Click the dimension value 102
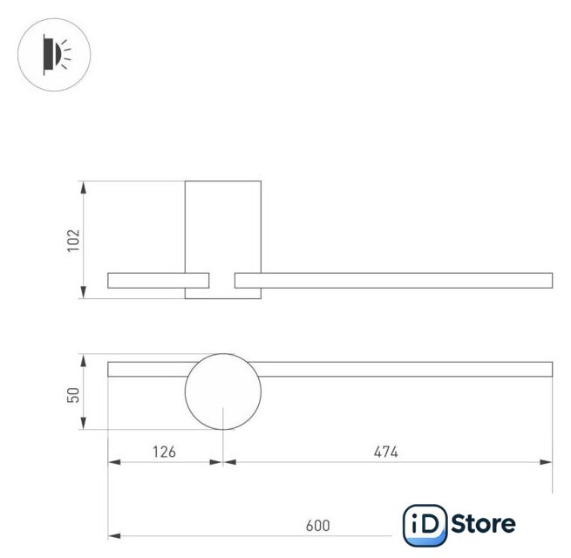[73, 240]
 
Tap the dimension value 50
[73, 395]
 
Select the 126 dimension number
[164, 452]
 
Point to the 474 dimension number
[386, 452]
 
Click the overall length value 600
[318, 526]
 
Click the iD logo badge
[425, 525]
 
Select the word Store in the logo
[483, 524]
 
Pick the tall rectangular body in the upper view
[223, 181]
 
